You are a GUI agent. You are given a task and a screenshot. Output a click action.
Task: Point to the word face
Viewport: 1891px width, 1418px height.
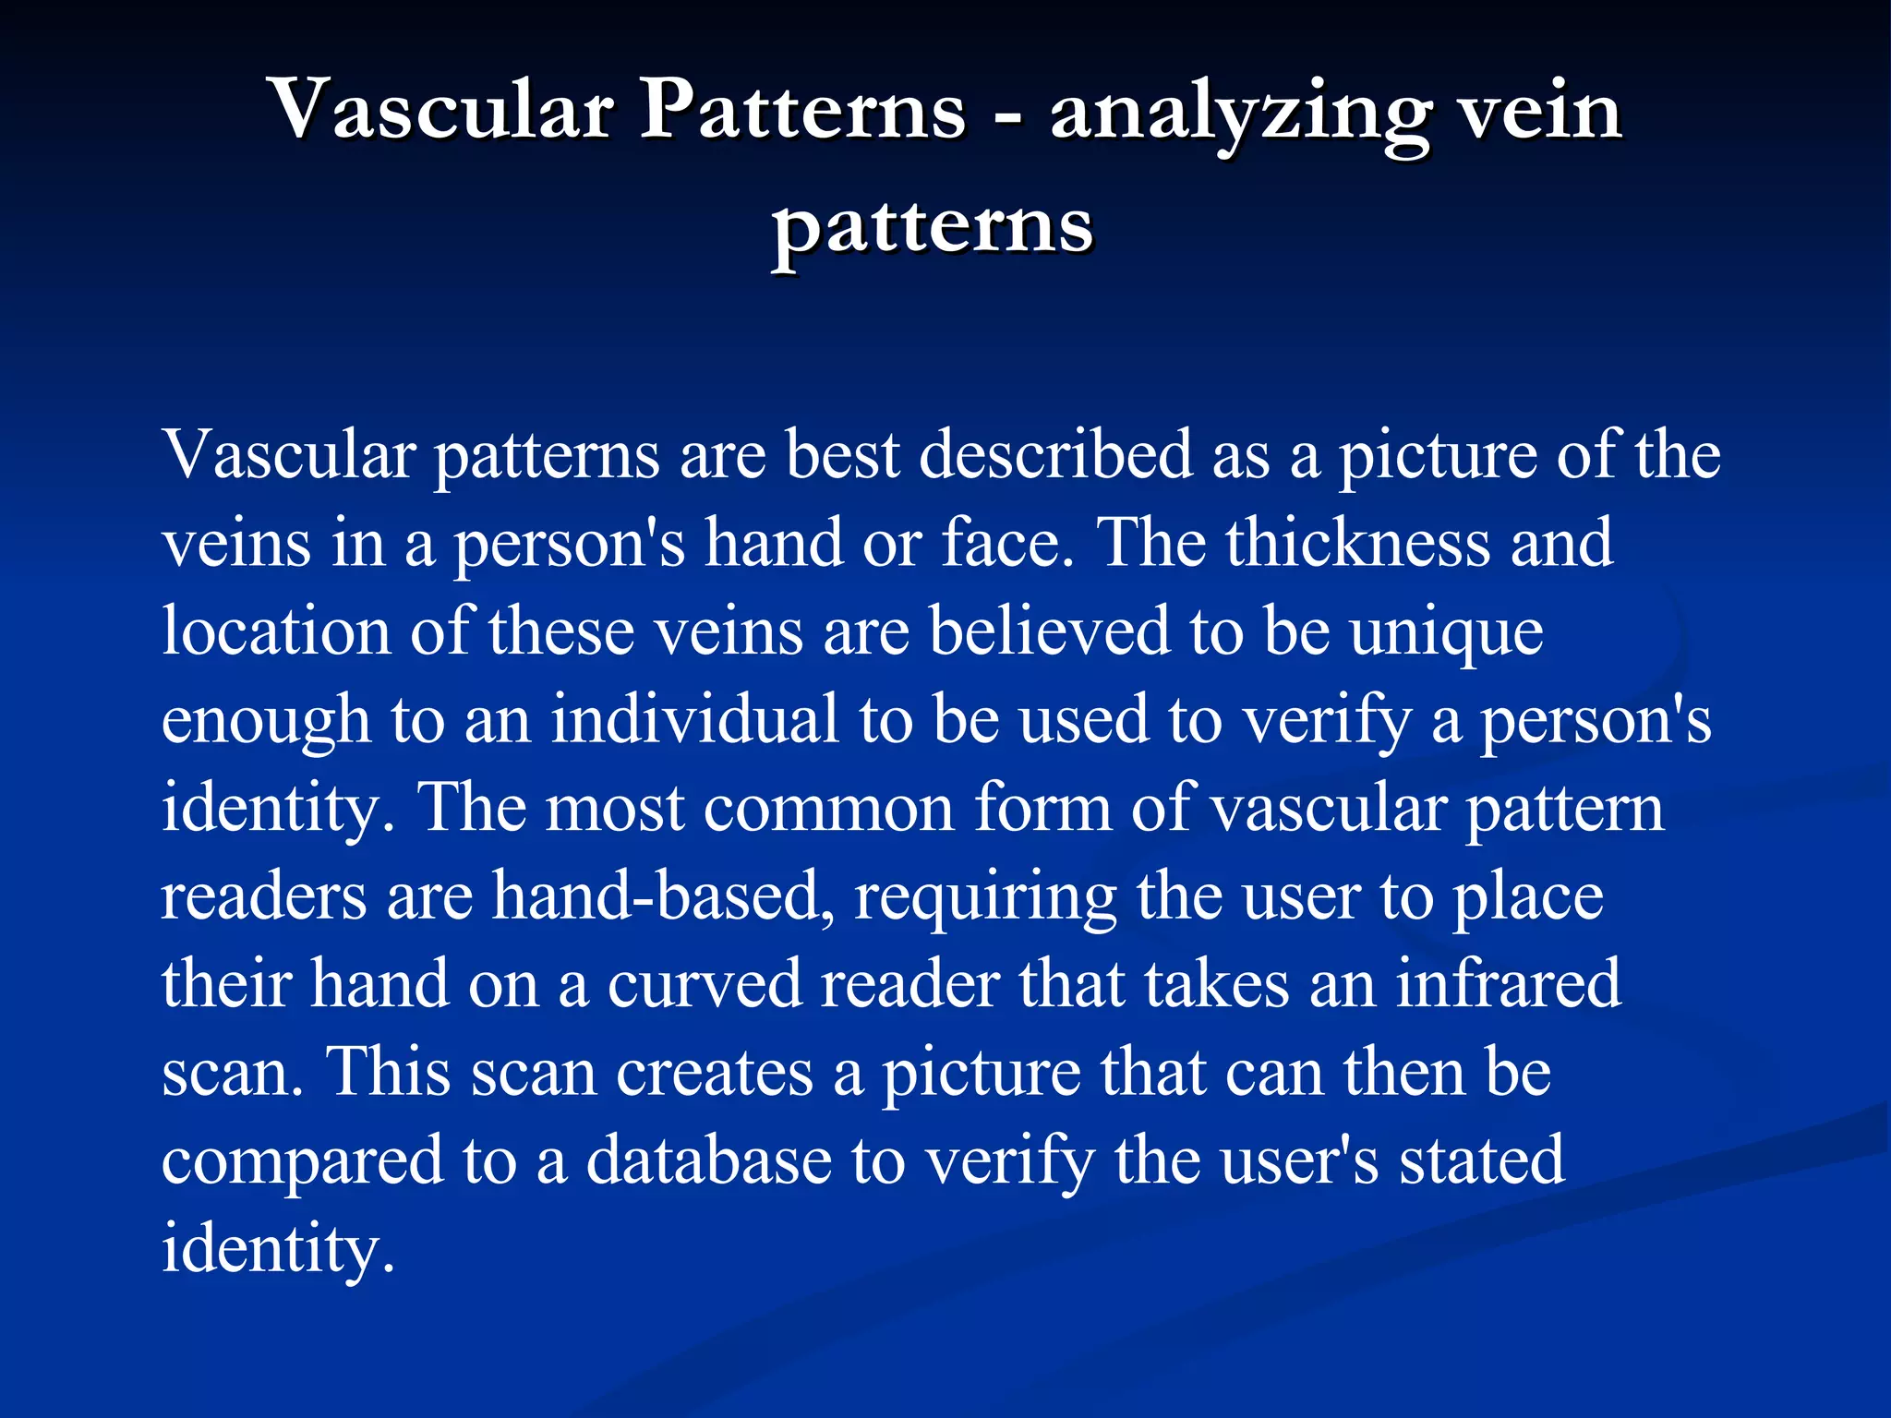click(1008, 543)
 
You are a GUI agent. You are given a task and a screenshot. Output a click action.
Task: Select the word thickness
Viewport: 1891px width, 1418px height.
click(1357, 543)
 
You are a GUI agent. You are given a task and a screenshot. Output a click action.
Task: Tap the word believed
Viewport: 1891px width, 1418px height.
click(1048, 631)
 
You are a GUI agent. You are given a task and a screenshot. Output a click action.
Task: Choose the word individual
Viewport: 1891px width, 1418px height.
click(694, 719)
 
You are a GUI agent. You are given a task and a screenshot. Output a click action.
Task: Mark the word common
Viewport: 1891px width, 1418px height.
click(828, 809)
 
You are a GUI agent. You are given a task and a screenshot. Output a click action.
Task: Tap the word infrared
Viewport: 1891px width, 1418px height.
click(1508, 984)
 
